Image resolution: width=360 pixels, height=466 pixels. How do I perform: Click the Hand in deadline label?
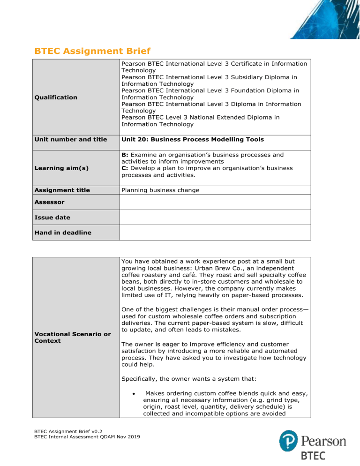coord(61,233)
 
